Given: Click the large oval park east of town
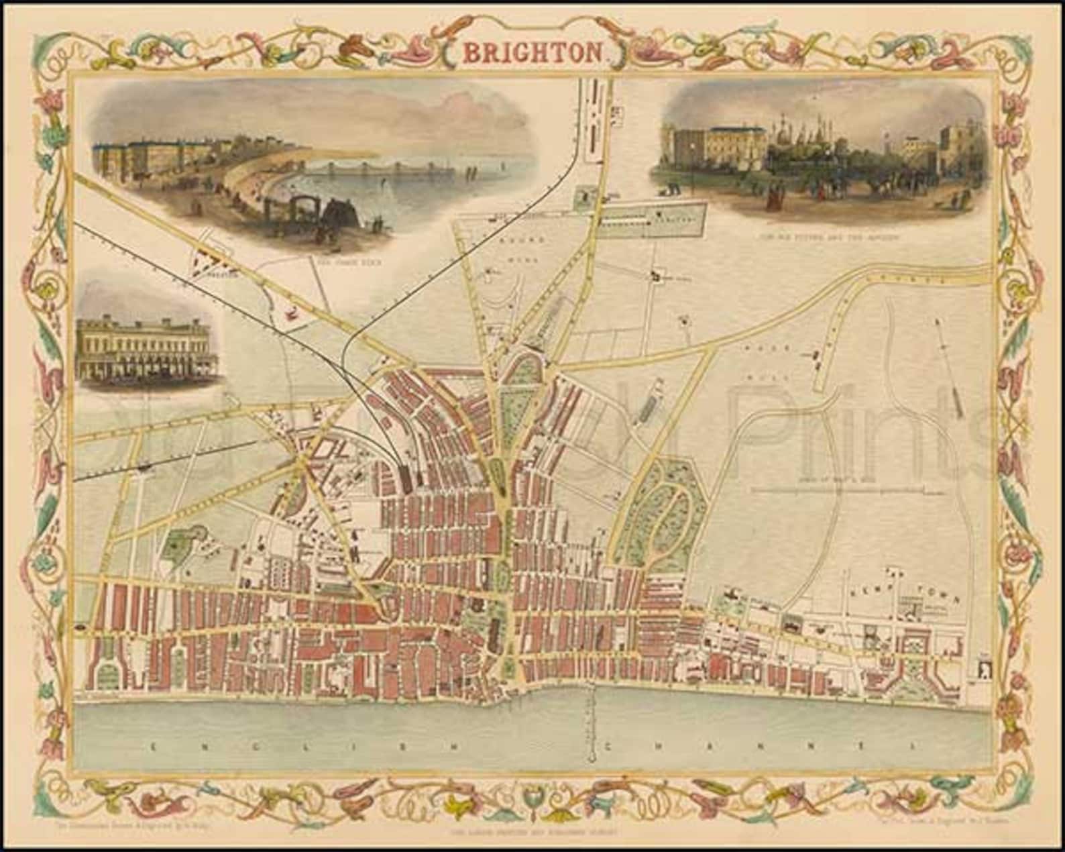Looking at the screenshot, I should coord(665,520).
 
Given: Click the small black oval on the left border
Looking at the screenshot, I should coord(80,625).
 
